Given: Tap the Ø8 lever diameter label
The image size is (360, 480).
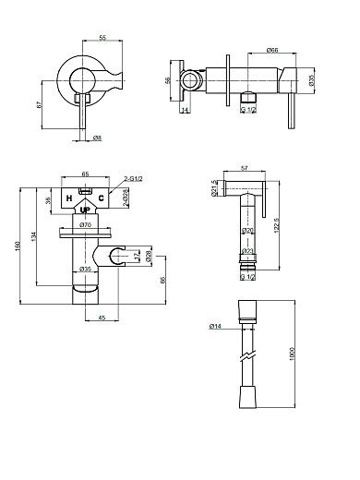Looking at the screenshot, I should (97, 137).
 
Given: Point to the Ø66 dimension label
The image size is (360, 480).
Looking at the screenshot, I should (246, 50).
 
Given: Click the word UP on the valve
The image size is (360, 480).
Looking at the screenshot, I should (86, 210).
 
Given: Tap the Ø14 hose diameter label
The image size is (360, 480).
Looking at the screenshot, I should (215, 326).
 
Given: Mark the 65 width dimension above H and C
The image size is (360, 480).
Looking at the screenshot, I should (85, 174).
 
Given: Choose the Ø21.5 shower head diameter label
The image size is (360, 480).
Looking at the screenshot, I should (213, 188).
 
